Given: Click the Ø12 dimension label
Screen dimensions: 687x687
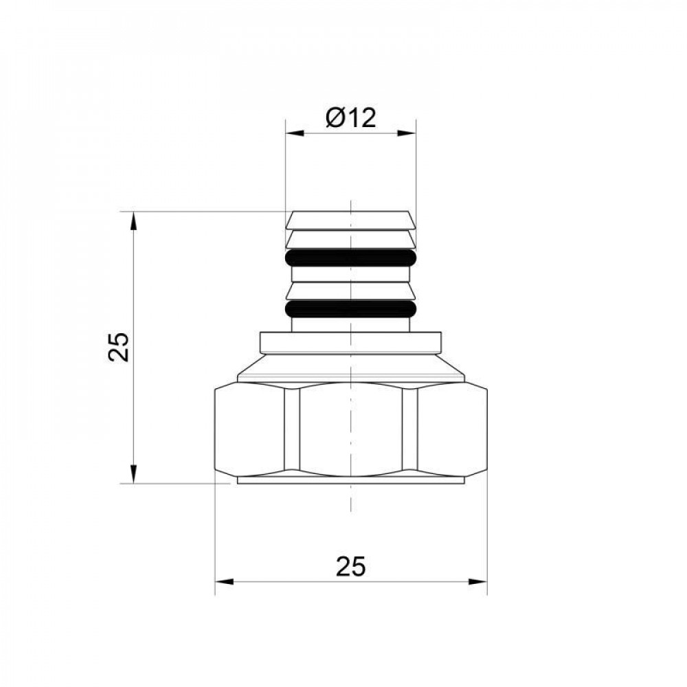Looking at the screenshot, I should (x=352, y=118).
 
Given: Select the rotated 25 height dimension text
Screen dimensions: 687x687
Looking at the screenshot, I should (x=120, y=347).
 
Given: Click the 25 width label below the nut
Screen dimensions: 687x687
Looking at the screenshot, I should (x=351, y=566).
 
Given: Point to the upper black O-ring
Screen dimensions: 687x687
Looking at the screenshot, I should (x=351, y=258).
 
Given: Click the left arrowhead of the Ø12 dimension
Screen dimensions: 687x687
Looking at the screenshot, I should (x=293, y=133).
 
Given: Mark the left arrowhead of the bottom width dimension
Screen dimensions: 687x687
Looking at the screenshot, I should (x=223, y=582).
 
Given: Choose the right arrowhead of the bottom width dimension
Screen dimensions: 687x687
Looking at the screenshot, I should (x=479, y=582).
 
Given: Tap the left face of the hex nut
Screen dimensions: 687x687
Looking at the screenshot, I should (x=249, y=429).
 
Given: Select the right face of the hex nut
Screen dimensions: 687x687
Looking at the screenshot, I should (x=452, y=429).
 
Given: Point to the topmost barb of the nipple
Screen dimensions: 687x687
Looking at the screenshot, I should (x=351, y=220).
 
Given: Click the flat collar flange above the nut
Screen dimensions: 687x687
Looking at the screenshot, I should (x=351, y=341).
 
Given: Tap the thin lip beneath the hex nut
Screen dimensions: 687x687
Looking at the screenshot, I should (x=351, y=481).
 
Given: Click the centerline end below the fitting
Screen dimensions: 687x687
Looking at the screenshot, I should (x=351, y=508).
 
